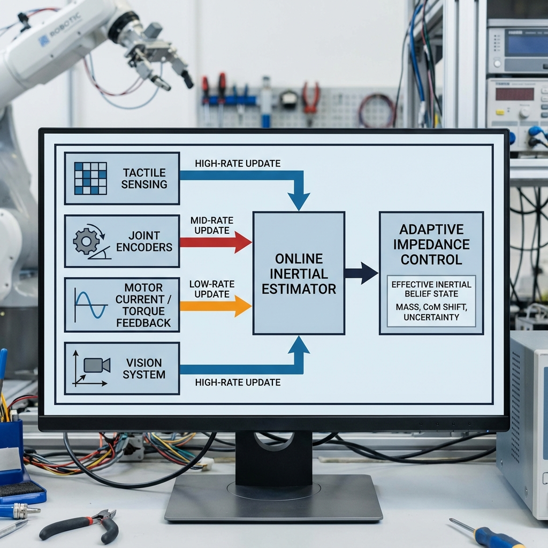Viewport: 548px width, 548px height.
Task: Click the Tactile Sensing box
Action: [x=122, y=178]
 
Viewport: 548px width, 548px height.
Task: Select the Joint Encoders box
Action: [x=122, y=241]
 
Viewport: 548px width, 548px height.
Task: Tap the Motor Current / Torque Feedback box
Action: [x=122, y=305]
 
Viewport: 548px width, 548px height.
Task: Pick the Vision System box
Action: [x=122, y=369]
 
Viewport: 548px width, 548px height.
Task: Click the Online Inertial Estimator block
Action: [x=299, y=273]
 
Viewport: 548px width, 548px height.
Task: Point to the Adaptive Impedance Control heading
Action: [x=431, y=245]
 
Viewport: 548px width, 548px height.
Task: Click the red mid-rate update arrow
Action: [x=214, y=242]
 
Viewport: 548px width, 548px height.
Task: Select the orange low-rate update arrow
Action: [x=214, y=306]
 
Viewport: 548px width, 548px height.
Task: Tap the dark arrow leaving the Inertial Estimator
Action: [x=361, y=273]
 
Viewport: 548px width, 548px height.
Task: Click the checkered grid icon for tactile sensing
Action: [x=90, y=178]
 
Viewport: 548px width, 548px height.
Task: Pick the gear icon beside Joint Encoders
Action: [x=86, y=241]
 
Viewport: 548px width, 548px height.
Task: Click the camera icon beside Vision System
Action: [x=97, y=366]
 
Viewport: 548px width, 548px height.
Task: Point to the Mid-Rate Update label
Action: [x=211, y=225]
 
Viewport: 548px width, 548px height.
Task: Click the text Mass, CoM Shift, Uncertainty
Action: [x=431, y=312]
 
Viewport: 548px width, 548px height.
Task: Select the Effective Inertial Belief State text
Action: [x=431, y=289]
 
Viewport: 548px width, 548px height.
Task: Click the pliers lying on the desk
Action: [x=80, y=525]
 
